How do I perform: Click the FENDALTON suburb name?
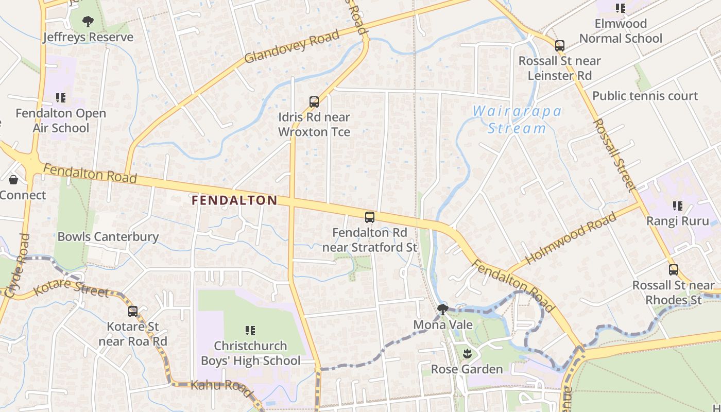click(234, 200)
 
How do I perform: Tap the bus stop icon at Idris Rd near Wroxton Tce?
click(314, 101)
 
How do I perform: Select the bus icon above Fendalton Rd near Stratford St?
click(370, 217)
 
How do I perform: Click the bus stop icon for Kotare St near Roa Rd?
click(133, 311)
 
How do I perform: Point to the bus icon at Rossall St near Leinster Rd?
click(560, 45)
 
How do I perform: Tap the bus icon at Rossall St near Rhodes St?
click(673, 269)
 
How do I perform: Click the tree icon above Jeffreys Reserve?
click(88, 21)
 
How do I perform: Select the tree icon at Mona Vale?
click(442, 309)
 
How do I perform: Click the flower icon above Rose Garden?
click(467, 353)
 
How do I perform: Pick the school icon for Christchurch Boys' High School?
click(250, 330)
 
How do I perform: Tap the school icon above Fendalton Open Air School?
click(61, 97)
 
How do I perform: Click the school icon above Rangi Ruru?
click(678, 206)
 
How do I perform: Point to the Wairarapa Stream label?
click(517, 119)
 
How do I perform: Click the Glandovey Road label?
click(291, 46)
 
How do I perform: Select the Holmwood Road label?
click(571, 238)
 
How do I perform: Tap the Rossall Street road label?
click(615, 154)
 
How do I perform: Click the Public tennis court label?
click(645, 96)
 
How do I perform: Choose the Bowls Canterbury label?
click(108, 237)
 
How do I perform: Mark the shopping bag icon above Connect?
click(13, 180)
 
